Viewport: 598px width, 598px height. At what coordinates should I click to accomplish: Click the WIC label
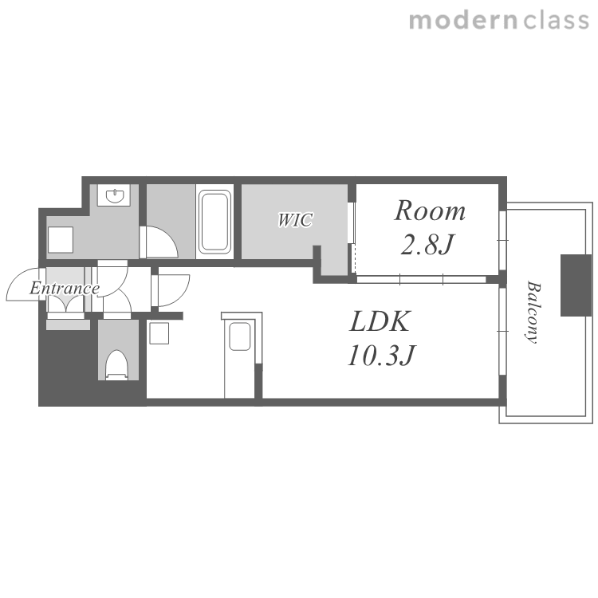click(x=295, y=220)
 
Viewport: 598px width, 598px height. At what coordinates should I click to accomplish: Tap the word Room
click(x=430, y=211)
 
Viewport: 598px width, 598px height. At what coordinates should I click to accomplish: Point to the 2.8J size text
click(x=427, y=244)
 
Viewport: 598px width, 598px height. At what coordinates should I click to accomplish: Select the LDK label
click(x=380, y=321)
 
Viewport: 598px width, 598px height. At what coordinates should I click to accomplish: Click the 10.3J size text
click(x=381, y=356)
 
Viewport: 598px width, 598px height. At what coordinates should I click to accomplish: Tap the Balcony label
click(x=533, y=312)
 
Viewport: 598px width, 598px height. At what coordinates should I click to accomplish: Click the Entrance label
click(x=65, y=289)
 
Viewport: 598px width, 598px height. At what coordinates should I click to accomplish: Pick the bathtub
click(x=214, y=222)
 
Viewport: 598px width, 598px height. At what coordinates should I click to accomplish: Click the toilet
click(x=116, y=365)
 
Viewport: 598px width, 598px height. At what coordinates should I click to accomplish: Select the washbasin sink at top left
click(x=114, y=195)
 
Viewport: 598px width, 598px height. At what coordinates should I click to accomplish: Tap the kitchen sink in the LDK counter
click(x=239, y=336)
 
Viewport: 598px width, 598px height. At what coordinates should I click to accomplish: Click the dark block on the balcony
click(x=576, y=285)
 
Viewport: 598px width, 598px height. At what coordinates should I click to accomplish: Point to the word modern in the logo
click(x=463, y=21)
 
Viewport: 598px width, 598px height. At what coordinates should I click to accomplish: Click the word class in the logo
click(x=556, y=21)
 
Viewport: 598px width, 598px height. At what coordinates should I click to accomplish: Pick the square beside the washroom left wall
click(x=61, y=239)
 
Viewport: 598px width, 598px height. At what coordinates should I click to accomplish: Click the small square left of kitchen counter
click(x=159, y=333)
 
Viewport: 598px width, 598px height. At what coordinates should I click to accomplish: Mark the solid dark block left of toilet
click(x=69, y=366)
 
